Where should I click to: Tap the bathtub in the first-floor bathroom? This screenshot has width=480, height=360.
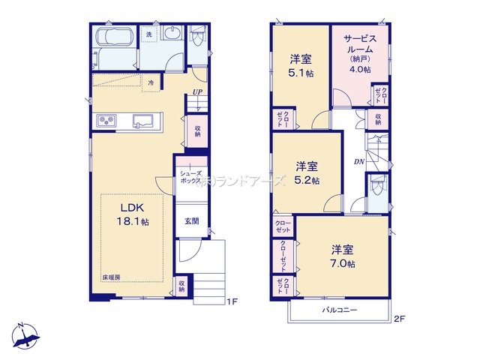114,40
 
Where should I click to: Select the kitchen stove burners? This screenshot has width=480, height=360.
104,121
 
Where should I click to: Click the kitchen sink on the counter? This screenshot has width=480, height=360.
143,121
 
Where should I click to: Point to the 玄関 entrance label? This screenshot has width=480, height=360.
192,221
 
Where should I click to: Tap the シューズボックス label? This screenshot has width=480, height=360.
188,178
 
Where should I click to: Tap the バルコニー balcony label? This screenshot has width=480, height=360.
340,310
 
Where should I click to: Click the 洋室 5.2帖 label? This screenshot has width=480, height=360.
307,173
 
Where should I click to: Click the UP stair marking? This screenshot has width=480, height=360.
197,93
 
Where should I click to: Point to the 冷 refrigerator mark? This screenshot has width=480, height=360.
151,83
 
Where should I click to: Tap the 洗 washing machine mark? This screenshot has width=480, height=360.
148,35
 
